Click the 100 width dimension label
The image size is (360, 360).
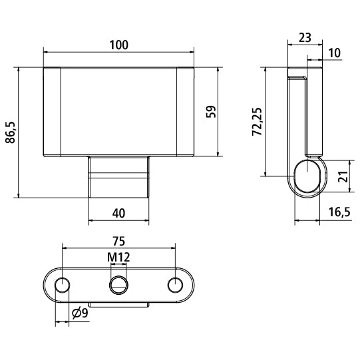click(118, 45)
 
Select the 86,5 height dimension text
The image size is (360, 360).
click(11, 132)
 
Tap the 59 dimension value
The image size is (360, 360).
click(212, 111)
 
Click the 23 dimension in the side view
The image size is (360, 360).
click(305, 38)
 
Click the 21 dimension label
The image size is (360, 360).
click(343, 176)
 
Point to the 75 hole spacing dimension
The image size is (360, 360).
click(118, 241)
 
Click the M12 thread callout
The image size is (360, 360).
click(118, 257)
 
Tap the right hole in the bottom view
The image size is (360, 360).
click(175, 285)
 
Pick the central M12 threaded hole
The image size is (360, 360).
click(118, 284)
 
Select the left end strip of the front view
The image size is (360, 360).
click(53, 111)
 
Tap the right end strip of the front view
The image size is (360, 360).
click(185, 111)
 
